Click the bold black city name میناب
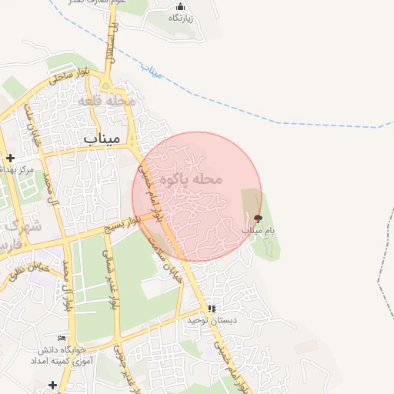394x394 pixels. (102, 139)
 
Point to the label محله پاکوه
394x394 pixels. (190, 179)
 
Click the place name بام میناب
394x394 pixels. (259, 230)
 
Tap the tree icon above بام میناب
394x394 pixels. (257, 219)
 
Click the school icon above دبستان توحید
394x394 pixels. (212, 309)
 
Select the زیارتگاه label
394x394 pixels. (182, 18)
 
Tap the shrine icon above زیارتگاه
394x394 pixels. (181, 7)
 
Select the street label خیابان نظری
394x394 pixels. (28, 269)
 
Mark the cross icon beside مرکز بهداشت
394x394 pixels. (10, 158)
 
